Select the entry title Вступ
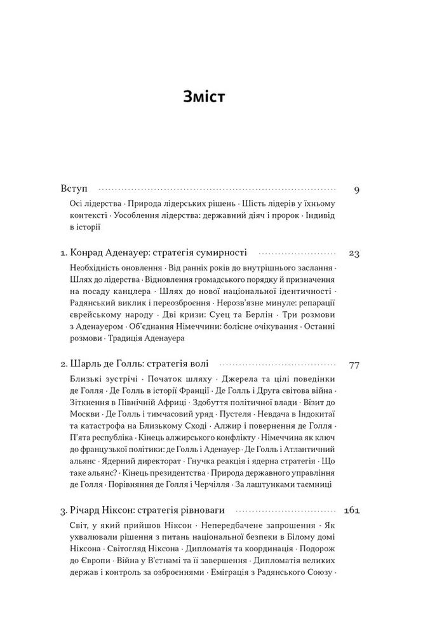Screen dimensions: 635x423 point(74,189)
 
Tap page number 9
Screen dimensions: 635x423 point(356,189)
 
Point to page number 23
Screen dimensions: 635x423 point(354,253)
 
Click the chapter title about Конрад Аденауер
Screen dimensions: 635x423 point(153,253)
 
